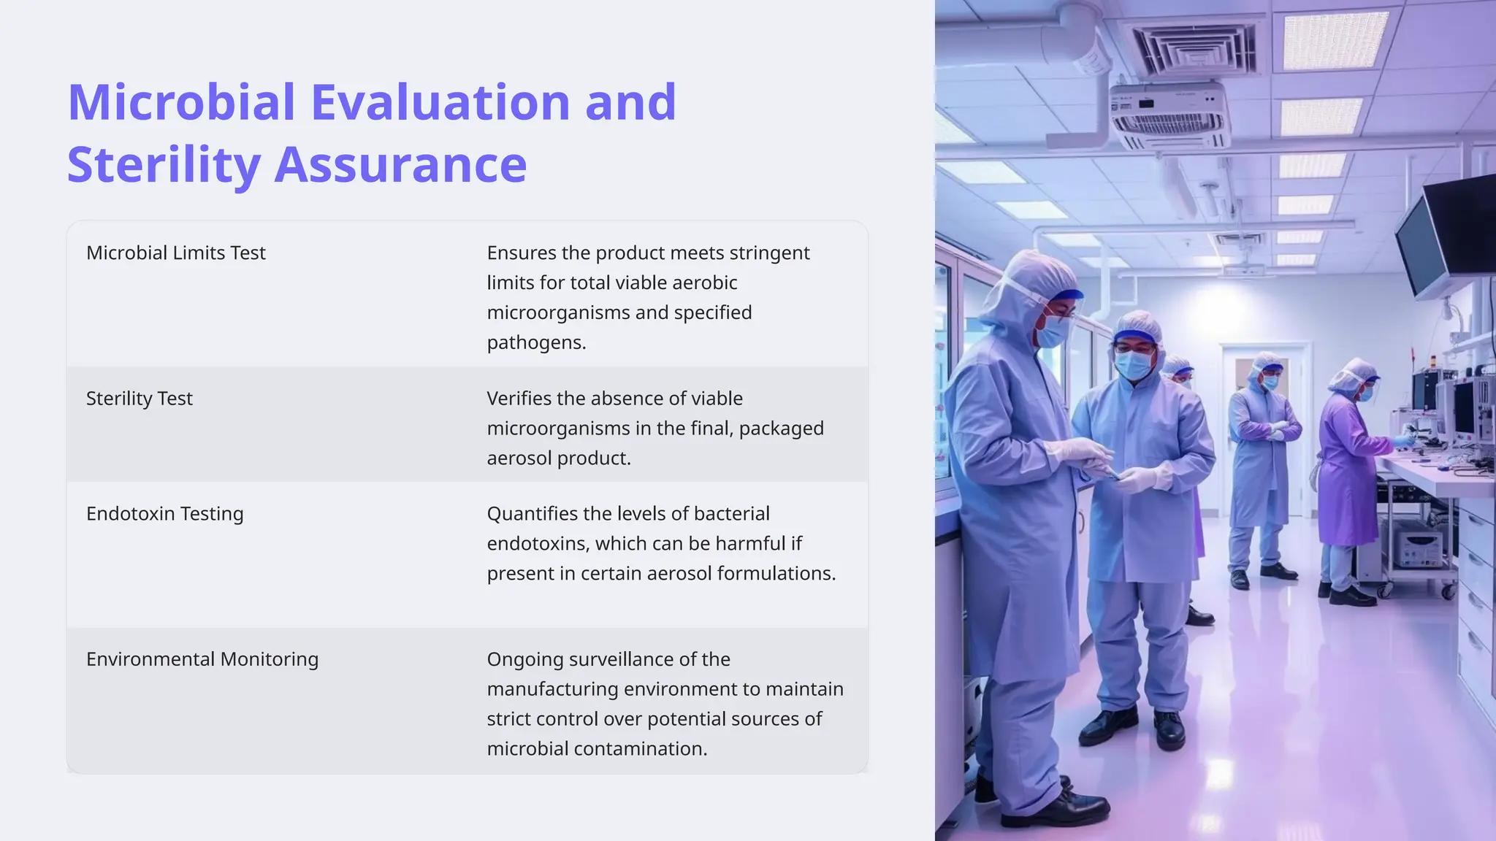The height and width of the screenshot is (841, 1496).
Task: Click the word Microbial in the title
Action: coord(181,102)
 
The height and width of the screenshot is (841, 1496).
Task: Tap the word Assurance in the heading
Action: coord(400,165)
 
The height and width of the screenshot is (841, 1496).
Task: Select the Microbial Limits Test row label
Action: coord(176,253)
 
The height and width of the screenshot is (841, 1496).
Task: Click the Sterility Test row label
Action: coord(140,399)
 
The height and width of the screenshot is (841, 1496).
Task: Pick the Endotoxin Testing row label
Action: coord(165,514)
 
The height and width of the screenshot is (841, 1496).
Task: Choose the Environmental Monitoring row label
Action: coord(202,659)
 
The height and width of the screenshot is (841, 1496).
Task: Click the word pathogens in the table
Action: coord(535,342)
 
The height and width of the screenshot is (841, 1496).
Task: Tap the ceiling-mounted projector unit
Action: coord(1169,113)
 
